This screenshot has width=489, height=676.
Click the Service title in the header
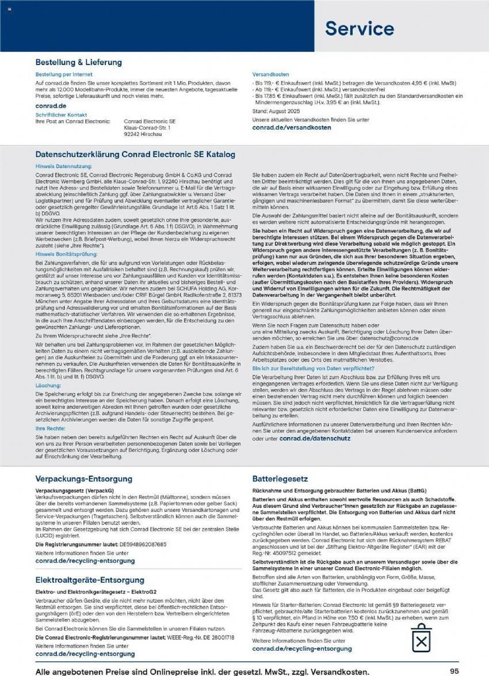click(x=359, y=28)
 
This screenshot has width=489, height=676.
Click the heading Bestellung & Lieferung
click(x=79, y=62)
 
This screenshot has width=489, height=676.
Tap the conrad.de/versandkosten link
click(x=292, y=127)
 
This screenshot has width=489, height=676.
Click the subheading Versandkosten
click(x=272, y=75)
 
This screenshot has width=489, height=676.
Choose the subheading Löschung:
click(x=48, y=384)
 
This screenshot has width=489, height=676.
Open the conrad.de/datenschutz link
click(x=315, y=438)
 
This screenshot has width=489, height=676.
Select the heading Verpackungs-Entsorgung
click(x=84, y=478)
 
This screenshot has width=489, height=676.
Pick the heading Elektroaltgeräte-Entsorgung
click(x=90, y=580)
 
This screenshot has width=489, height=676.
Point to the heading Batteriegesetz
click(x=280, y=478)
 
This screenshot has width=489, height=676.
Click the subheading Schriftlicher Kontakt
click(x=61, y=115)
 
